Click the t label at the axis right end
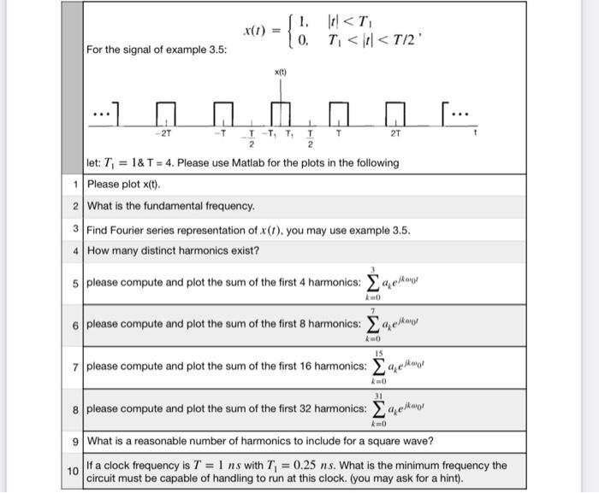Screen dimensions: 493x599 (475, 133)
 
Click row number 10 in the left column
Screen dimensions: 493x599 (74, 472)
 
